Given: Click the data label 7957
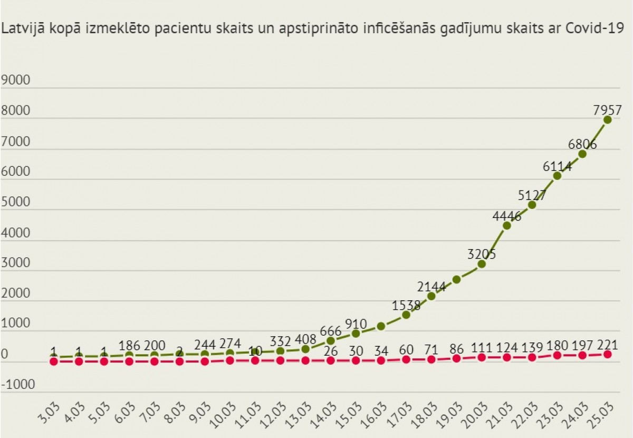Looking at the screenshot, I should (607, 111).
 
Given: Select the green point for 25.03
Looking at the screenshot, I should (607, 120).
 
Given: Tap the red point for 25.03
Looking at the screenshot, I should (607, 354).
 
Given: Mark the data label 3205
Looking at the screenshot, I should (482, 254).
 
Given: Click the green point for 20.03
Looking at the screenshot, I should (482, 263).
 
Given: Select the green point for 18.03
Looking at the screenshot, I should (431, 296).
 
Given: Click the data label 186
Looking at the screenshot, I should (129, 346).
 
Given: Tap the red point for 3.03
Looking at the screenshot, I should (54, 361).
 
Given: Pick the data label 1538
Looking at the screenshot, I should (406, 306).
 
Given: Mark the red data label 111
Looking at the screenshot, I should (482, 347).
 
